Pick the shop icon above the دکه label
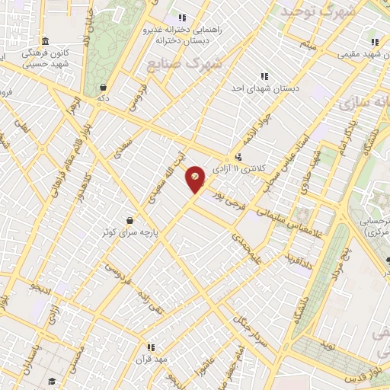click(102, 87)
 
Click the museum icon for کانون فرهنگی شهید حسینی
click(45, 41)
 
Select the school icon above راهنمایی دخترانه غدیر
click(181, 18)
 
